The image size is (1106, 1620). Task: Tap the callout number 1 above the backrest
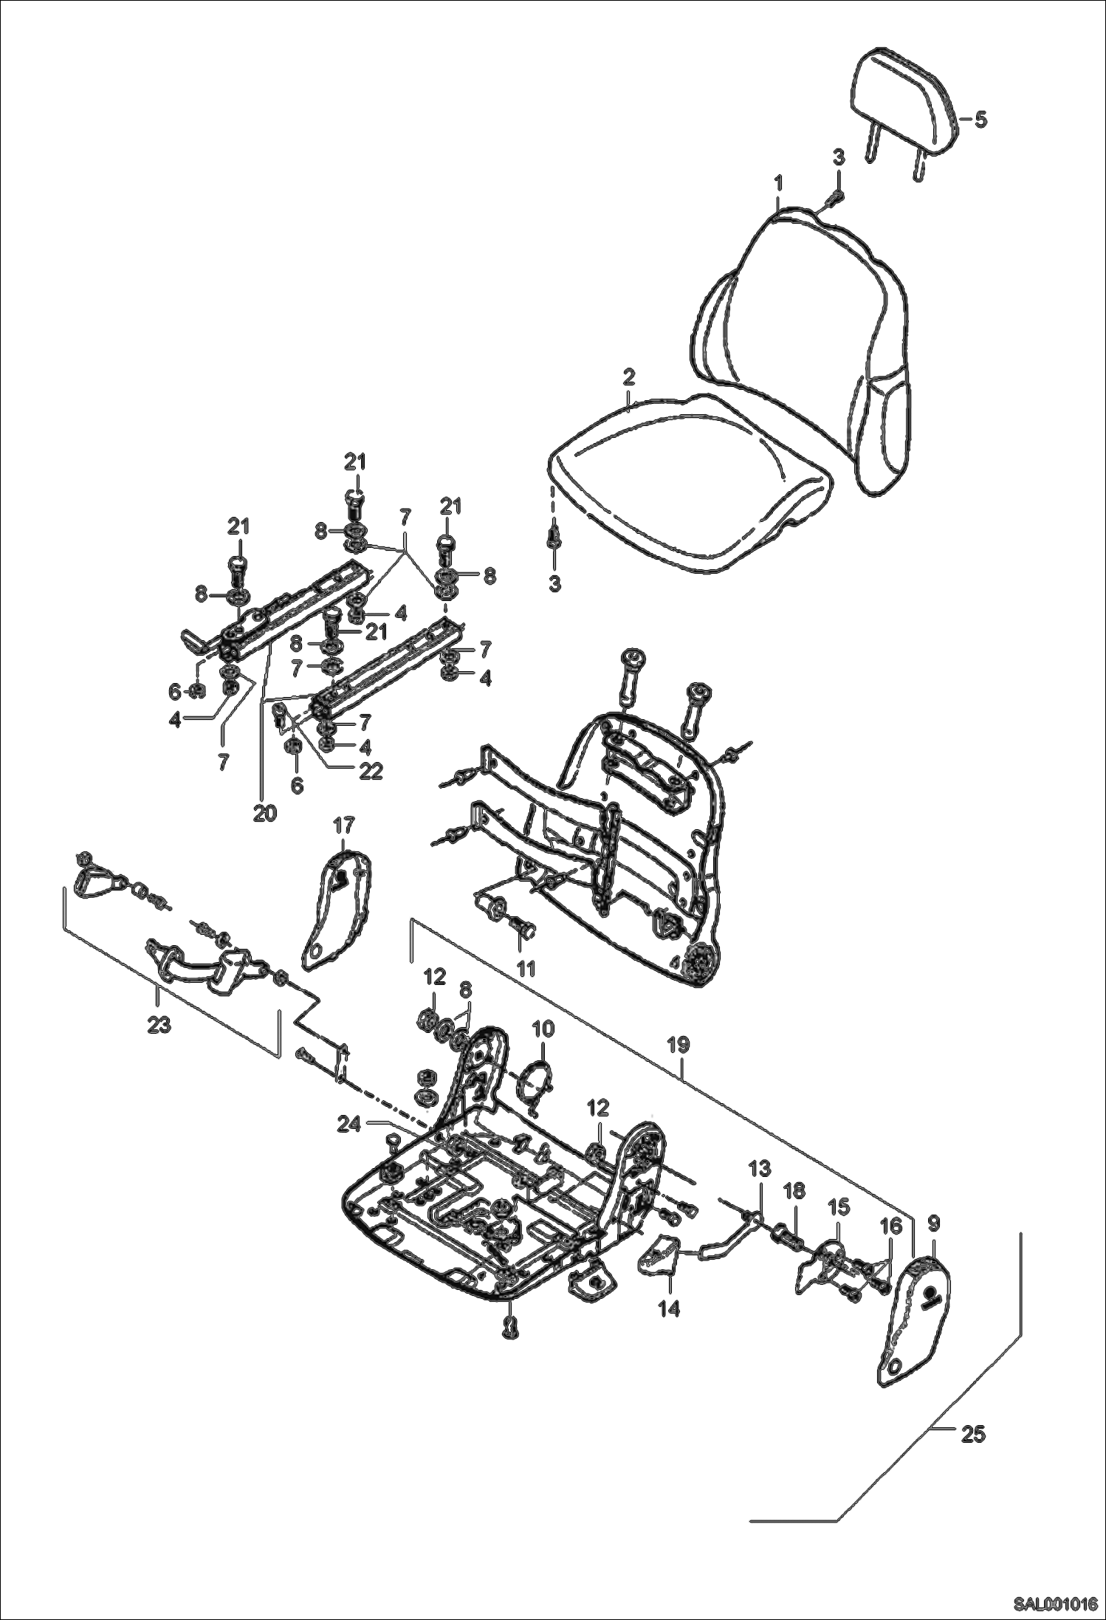(780, 182)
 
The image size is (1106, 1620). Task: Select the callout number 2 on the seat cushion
(628, 377)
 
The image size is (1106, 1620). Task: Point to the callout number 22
(370, 771)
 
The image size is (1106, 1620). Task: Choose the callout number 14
(669, 1309)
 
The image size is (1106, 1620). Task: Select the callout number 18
(795, 1191)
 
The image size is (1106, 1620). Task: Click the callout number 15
(838, 1207)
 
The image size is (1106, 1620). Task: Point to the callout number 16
(891, 1226)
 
